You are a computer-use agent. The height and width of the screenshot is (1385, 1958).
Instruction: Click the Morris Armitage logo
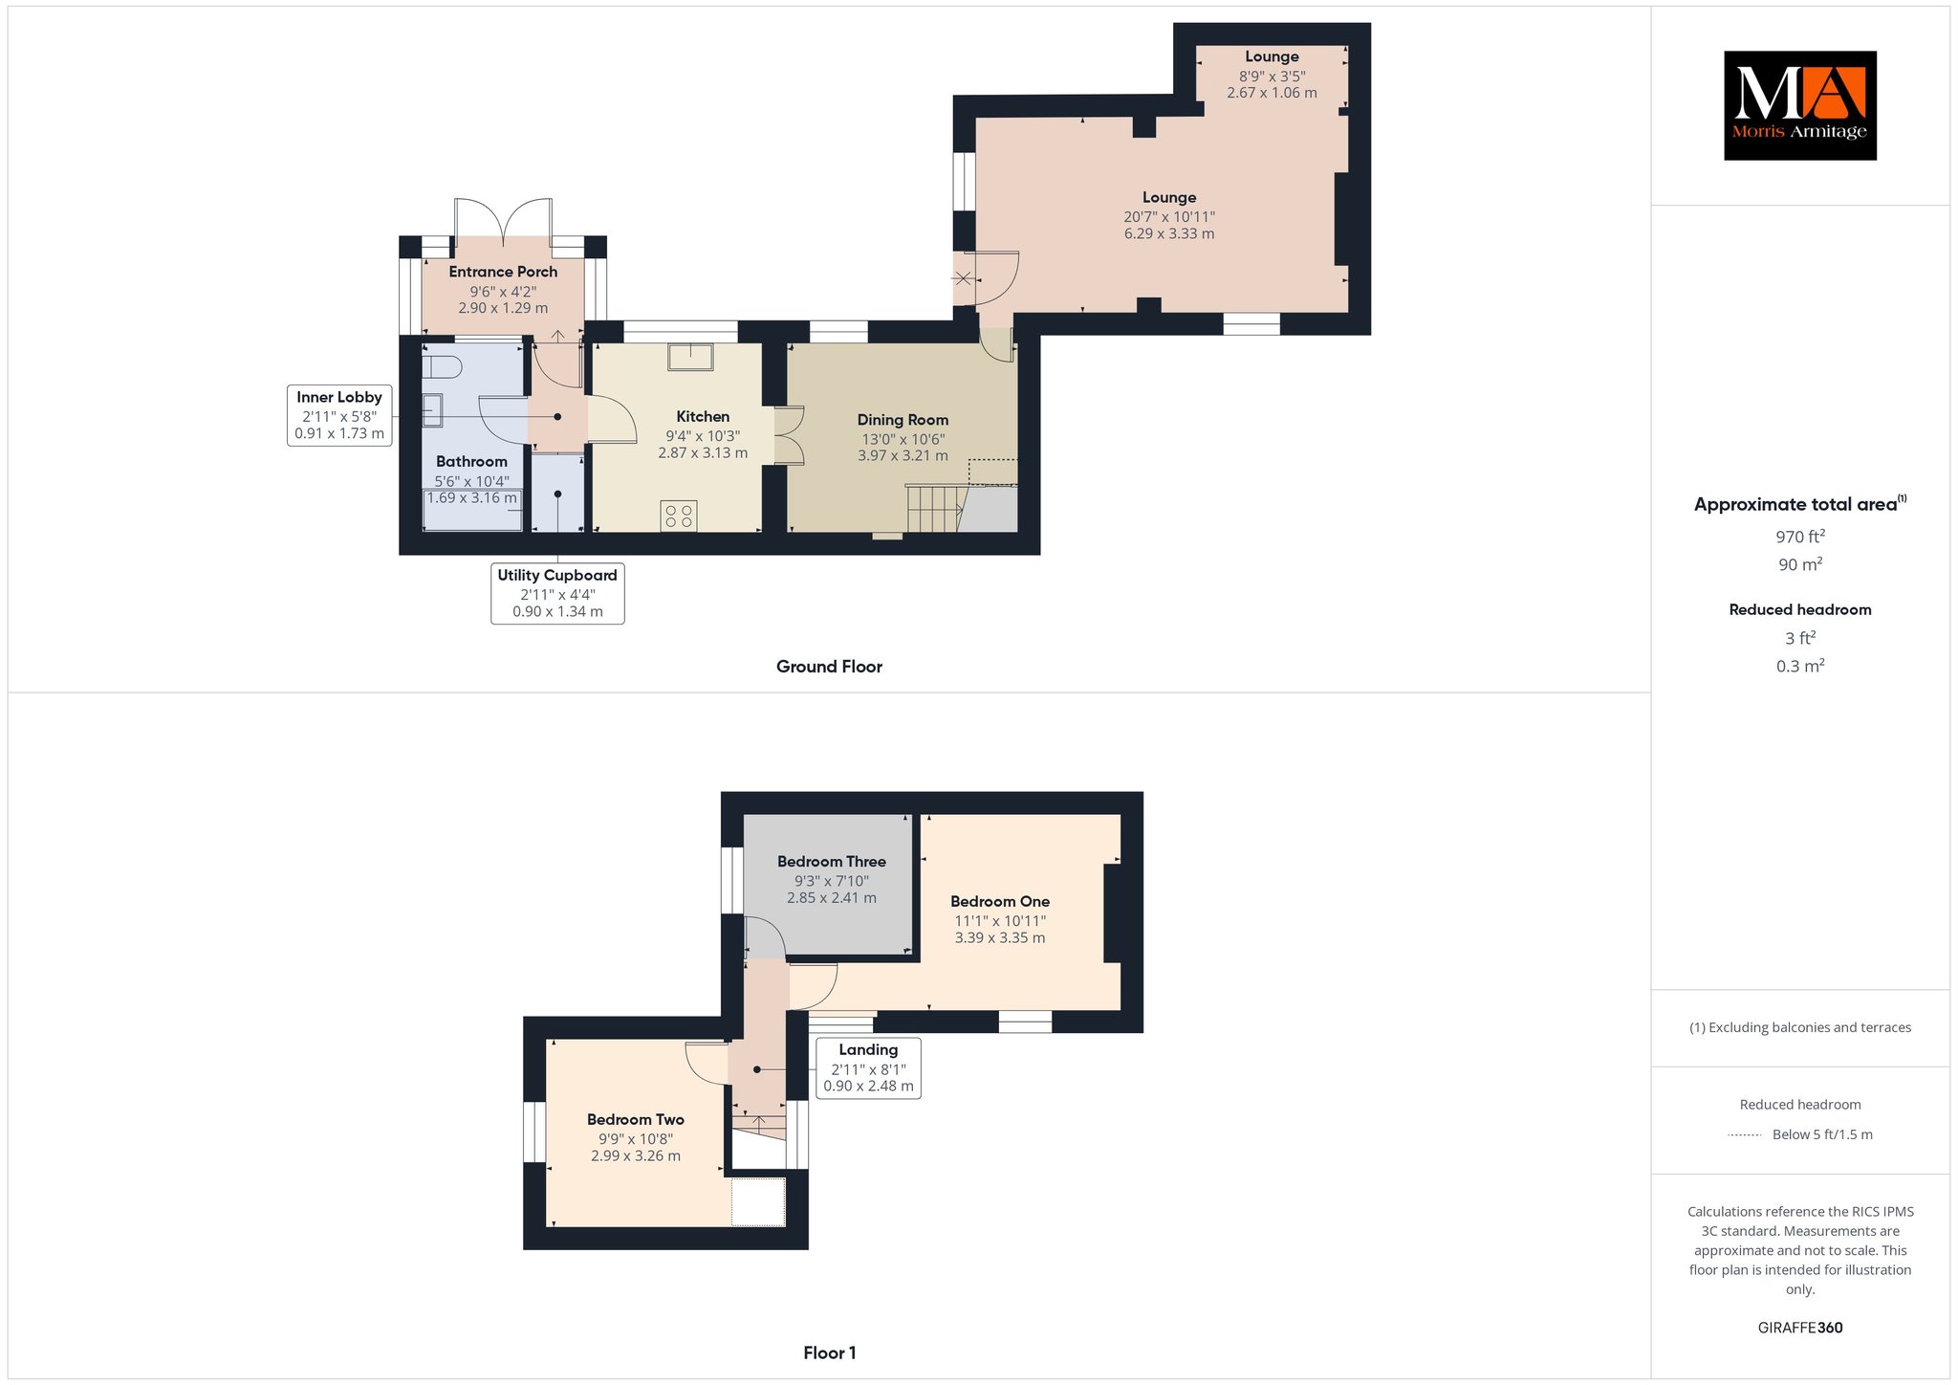click(x=1799, y=105)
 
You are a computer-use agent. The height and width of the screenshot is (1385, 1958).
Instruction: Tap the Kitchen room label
click(x=703, y=417)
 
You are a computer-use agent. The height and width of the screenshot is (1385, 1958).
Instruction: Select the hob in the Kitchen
click(x=679, y=517)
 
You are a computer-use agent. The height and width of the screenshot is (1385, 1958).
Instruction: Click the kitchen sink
click(x=690, y=356)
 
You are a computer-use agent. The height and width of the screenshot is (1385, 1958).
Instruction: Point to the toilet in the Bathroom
click(x=443, y=366)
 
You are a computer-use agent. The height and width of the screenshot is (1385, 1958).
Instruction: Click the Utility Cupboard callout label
click(x=557, y=593)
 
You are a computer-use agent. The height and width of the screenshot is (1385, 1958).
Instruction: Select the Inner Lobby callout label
click(x=339, y=415)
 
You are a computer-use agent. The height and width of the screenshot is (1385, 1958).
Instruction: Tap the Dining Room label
click(x=903, y=420)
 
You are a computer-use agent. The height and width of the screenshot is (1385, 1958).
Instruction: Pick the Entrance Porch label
click(x=503, y=272)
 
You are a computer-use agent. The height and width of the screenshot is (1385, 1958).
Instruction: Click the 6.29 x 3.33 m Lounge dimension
click(x=1169, y=233)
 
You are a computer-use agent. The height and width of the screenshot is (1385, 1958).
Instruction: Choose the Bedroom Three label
click(x=832, y=862)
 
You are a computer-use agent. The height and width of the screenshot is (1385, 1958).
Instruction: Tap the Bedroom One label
click(x=1000, y=901)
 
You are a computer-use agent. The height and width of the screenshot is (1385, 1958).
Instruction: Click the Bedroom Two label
click(x=636, y=1119)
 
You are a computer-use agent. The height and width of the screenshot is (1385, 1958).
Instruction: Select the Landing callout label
click(x=868, y=1067)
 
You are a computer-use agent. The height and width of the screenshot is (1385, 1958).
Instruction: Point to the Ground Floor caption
click(x=829, y=667)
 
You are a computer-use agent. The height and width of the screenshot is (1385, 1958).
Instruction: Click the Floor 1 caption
click(x=830, y=1353)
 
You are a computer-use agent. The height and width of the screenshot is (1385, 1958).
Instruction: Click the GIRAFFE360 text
click(x=1800, y=1328)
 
